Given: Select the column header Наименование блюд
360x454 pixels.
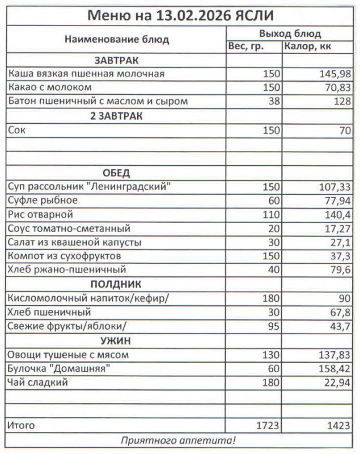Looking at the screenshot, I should [116, 40].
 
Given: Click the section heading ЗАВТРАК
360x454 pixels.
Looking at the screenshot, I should [116, 60].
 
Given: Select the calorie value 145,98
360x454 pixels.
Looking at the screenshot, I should [336, 74].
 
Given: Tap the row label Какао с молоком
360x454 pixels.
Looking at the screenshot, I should [50, 87].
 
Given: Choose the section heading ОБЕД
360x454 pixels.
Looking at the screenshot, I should [116, 173].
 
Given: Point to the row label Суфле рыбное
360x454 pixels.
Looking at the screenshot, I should [43, 200].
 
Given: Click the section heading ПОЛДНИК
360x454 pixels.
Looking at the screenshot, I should [116, 284].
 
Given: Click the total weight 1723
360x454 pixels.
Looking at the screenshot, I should [268, 424].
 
